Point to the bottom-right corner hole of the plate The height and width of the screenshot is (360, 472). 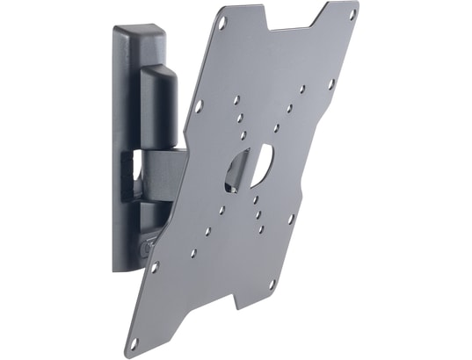pyautogui.click(x=272, y=284)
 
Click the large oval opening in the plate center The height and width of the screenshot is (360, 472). pyautogui.click(x=249, y=167)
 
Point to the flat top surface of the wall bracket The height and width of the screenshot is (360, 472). pyautogui.click(x=145, y=31)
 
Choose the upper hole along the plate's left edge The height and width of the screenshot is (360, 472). pyautogui.click(x=199, y=104)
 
